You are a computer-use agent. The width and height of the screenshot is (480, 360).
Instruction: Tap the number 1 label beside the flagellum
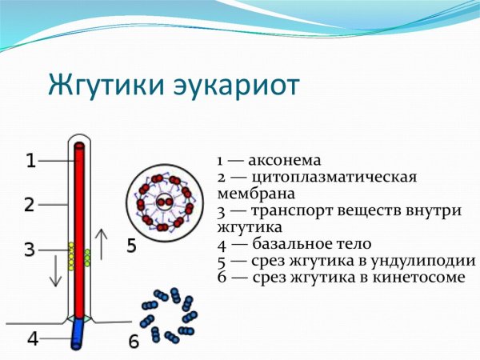point(30,162)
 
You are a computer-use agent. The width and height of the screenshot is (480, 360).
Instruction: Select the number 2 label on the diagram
point(29,205)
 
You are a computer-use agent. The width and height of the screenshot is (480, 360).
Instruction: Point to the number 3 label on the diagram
point(29,250)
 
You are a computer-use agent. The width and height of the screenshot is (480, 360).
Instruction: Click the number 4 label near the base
point(33,338)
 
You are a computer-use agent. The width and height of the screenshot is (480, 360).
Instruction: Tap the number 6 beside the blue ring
point(134,342)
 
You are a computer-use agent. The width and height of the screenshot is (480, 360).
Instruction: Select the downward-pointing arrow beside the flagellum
point(55,271)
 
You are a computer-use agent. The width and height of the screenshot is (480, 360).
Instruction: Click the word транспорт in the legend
point(291,210)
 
